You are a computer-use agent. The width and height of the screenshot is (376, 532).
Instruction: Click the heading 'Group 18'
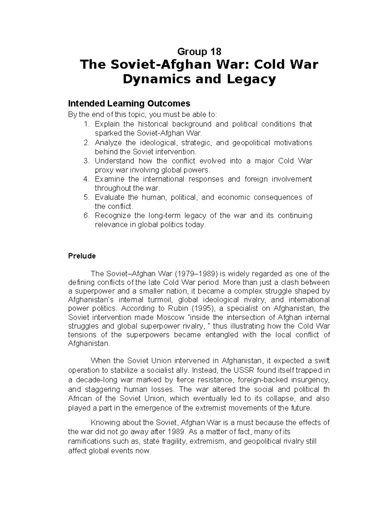(x=199, y=51)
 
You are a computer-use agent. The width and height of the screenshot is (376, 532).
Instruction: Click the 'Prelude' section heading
(x=82, y=256)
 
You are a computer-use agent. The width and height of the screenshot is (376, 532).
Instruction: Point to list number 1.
(x=86, y=124)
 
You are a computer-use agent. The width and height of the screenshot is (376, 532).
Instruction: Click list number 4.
(x=86, y=179)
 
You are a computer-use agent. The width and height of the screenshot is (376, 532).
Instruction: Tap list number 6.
(x=86, y=216)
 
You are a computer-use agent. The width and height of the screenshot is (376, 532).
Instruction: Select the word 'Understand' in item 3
(x=114, y=161)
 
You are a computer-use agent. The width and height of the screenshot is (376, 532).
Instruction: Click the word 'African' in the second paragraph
(x=81, y=399)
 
